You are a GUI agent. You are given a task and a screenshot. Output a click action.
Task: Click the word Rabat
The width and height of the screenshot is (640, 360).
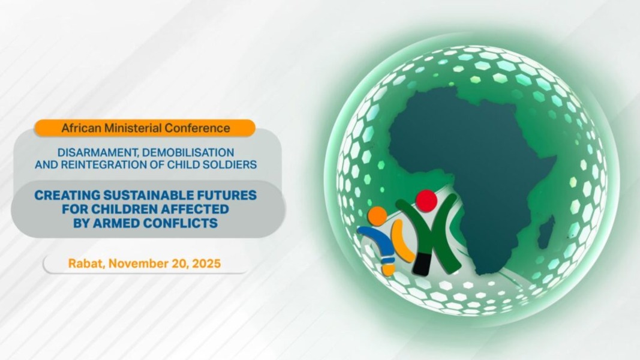(85, 263)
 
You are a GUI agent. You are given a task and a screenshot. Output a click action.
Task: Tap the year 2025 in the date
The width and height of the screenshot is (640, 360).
(206, 263)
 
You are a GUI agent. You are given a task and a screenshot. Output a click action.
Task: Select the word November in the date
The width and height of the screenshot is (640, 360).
(136, 263)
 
